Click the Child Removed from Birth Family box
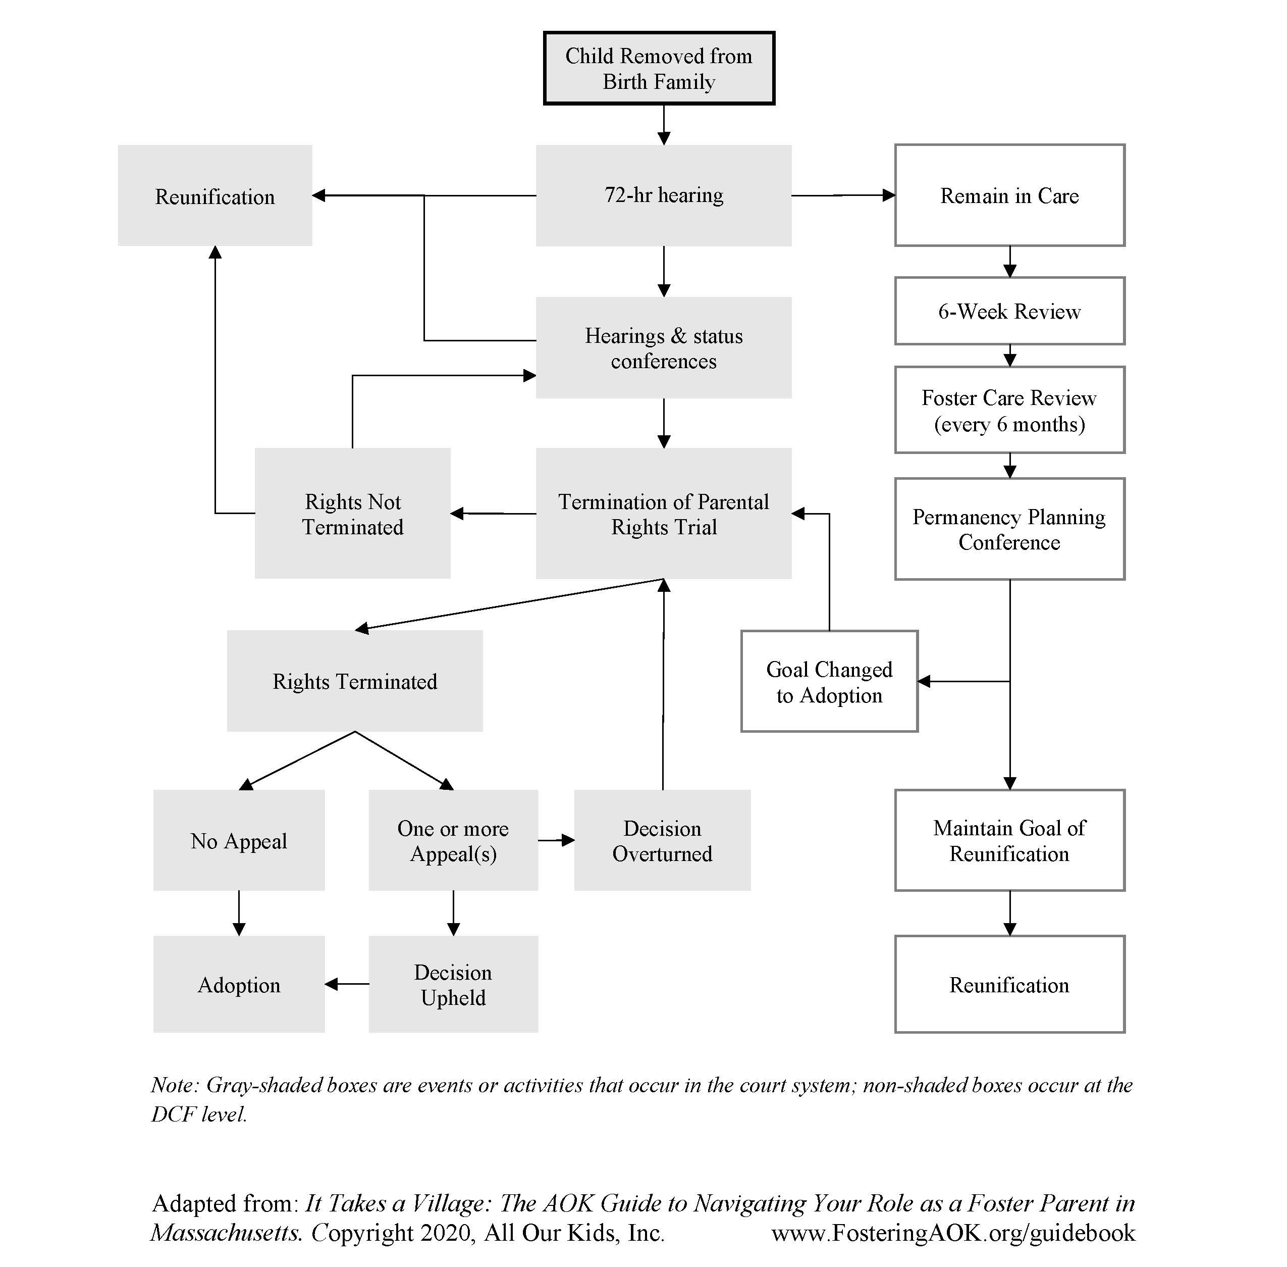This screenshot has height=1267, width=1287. point(659,68)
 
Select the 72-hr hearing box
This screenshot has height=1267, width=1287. point(663,195)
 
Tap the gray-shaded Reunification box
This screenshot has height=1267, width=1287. point(215,195)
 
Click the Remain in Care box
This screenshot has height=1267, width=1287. point(1009,195)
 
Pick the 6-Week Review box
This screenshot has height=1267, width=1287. point(1009,311)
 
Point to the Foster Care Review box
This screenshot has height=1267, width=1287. point(1009,410)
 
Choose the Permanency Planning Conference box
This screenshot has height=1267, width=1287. point(1009,529)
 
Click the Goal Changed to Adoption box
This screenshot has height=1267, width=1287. point(829,681)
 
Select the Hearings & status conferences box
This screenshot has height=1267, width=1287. point(663,347)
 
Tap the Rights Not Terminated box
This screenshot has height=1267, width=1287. point(352,513)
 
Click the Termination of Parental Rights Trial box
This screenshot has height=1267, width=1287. point(663,513)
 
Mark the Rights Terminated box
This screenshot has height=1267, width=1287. point(354,681)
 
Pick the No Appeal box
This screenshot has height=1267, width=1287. point(239,840)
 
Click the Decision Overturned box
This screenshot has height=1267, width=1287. point(662,840)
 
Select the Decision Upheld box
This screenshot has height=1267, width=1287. point(453,984)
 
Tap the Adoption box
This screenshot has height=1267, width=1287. point(239,984)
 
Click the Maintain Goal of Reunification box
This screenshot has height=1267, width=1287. point(1009,840)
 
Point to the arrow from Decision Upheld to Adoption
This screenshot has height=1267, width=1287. point(347,984)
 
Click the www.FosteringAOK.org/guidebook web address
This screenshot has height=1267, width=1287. point(952,1232)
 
